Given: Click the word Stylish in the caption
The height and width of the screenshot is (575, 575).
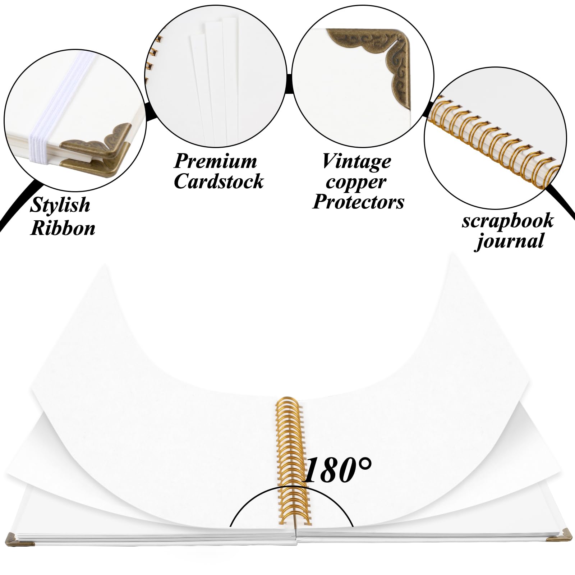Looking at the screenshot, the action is (60, 206).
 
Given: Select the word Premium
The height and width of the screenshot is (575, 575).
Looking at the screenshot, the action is (215, 161).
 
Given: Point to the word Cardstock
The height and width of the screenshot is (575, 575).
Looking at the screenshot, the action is (218, 181).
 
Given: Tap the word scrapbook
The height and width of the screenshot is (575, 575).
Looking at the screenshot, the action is (507, 221).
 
